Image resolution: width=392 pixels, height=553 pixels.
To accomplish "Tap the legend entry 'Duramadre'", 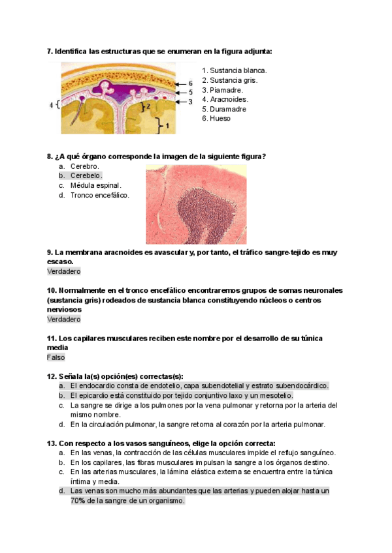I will (x=228, y=109).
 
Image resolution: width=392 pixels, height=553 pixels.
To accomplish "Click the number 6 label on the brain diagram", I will (x=190, y=83).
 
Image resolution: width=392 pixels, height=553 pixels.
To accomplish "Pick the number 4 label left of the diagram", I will (x=52, y=104).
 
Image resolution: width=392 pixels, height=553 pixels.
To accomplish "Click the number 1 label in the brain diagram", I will (x=168, y=123).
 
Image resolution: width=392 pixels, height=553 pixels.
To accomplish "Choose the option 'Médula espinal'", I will (x=96, y=185).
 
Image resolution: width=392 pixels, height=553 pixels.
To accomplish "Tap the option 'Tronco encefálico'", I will (x=99, y=195).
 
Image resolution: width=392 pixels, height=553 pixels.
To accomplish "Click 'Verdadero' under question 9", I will (x=63, y=271).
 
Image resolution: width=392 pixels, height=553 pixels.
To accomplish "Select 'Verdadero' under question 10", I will (x=63, y=320).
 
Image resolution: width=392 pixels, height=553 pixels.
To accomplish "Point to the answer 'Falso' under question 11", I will (x=56, y=357).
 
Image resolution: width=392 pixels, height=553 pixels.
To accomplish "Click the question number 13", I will (x=52, y=443).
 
